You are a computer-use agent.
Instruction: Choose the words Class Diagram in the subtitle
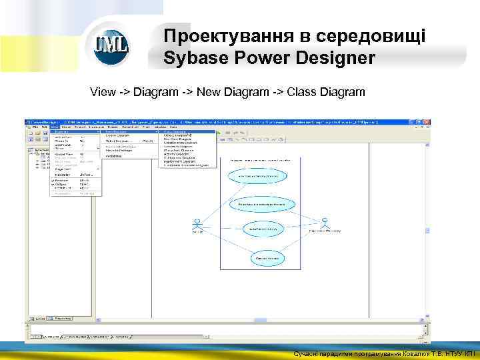click(326, 91)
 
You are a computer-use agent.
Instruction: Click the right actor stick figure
click(325, 221)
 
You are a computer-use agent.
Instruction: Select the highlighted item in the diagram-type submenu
click(187, 132)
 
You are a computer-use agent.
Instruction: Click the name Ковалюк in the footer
click(408, 354)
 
